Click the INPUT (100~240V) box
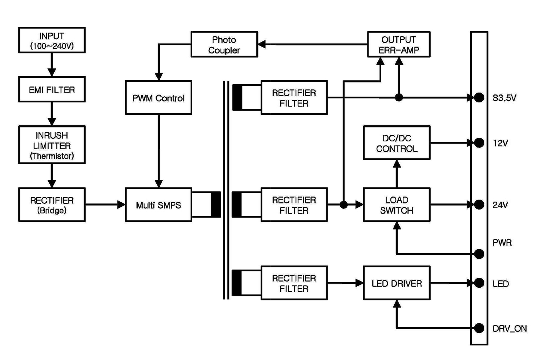(52, 40)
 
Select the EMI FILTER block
(52, 89)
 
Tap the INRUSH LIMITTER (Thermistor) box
(52, 145)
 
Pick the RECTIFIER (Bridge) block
(52, 205)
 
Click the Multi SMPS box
(158, 205)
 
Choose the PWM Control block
(158, 98)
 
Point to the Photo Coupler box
(224, 44)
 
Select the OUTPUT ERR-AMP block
(398, 44)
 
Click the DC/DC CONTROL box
(397, 143)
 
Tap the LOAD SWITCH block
(397, 205)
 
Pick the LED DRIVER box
(397, 283)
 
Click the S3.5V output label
(504, 98)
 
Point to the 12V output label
(500, 143)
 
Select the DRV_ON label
(509, 328)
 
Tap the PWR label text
(502, 242)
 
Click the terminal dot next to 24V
(479, 205)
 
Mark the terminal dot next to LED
(479, 283)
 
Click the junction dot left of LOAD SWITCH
(344, 205)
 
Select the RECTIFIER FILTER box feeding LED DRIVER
(294, 283)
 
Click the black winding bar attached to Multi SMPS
(216, 205)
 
